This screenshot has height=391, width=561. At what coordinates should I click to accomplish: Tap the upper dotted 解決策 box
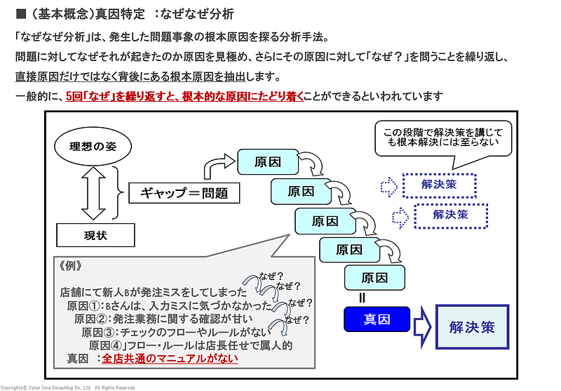[439, 185]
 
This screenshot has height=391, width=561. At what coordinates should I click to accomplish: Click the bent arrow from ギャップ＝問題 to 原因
[216, 168]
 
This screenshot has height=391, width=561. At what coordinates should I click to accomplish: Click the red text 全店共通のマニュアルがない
[170, 358]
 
